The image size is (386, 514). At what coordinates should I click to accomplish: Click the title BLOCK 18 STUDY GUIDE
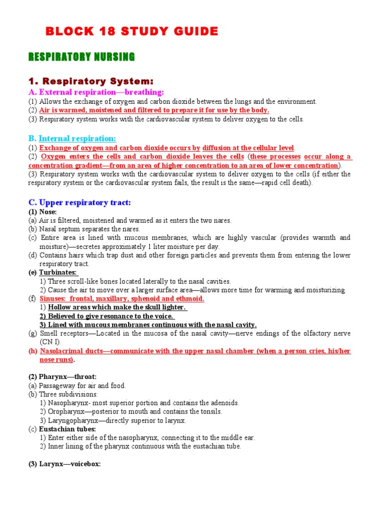click(x=132, y=32)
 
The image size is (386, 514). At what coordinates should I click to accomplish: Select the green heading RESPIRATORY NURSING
click(x=81, y=57)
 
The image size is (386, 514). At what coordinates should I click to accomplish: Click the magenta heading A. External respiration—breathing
click(x=96, y=92)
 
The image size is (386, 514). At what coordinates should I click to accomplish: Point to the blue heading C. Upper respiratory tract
click(x=79, y=202)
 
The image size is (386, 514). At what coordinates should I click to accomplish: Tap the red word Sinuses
click(x=54, y=299)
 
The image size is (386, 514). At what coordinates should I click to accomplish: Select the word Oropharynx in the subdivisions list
click(x=65, y=412)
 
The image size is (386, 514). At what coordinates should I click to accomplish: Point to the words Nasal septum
click(x=58, y=229)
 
